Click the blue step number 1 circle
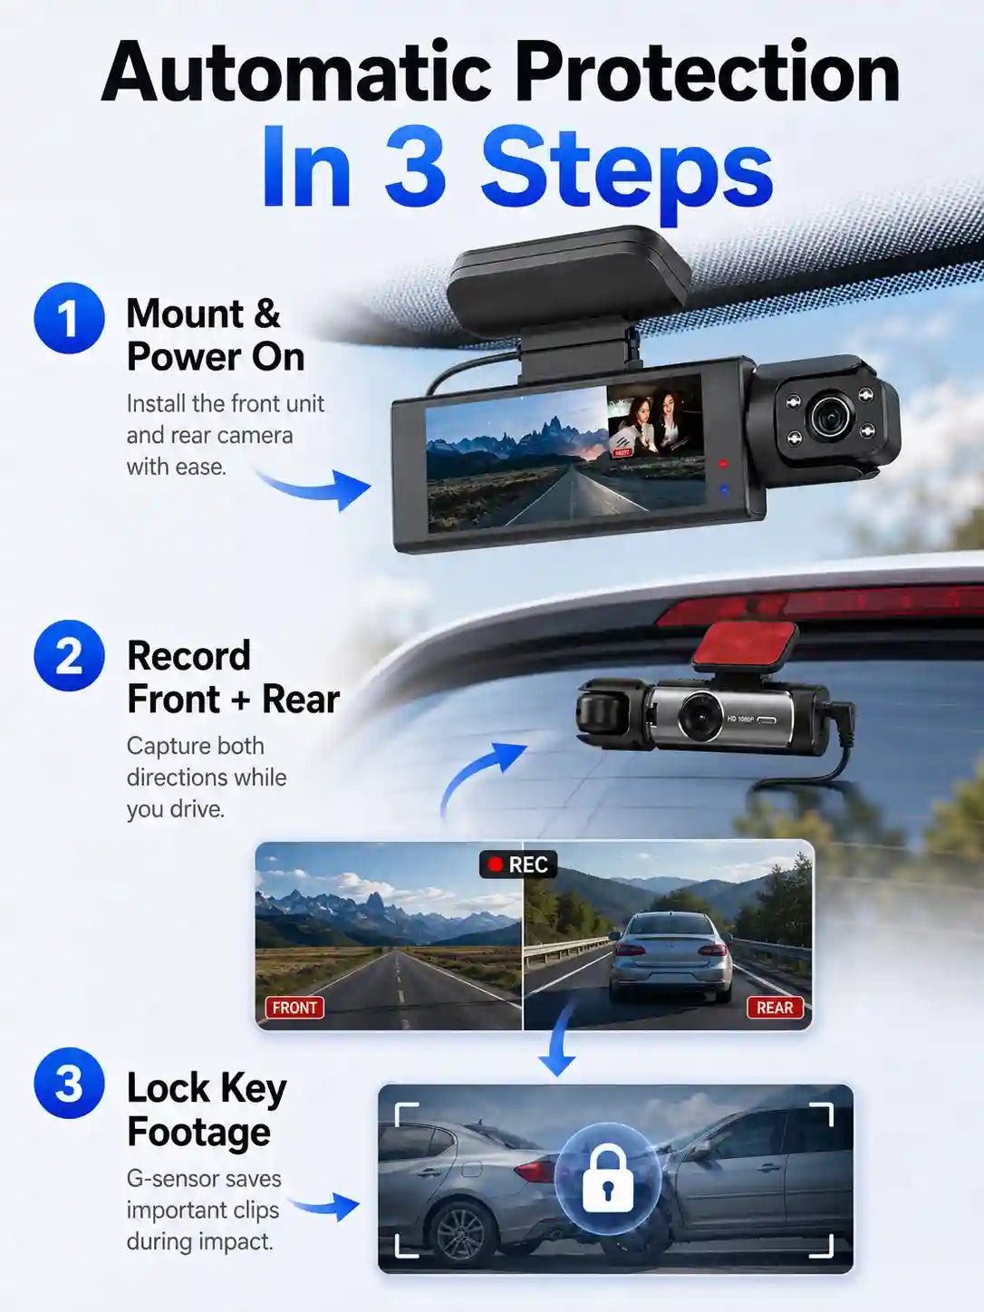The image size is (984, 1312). coord(69,319)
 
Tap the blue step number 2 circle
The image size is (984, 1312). coord(69,656)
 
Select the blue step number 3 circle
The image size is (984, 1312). coord(69,1083)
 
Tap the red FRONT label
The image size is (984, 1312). coord(294,1008)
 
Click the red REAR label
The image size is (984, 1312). coord(775,1008)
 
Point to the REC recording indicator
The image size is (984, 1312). coord(518,864)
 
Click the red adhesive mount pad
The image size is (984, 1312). coord(745,646)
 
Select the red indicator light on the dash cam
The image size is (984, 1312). coord(724,463)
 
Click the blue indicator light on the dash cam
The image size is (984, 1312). coord(724,490)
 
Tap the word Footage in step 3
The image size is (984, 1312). coord(198,1131)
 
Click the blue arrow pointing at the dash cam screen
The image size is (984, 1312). coord(314,488)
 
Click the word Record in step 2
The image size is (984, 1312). coord(188,656)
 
